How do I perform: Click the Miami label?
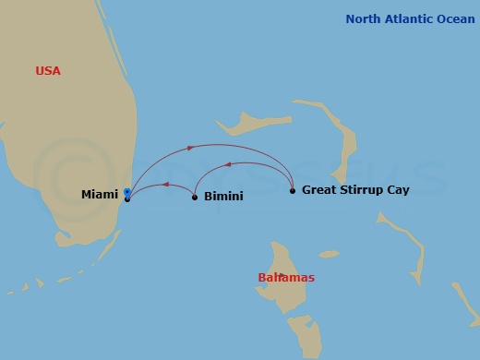(x=99, y=194)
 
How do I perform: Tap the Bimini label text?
(x=223, y=197)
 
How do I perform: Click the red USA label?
(x=48, y=71)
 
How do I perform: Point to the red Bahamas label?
(x=286, y=278)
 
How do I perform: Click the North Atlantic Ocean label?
(x=410, y=18)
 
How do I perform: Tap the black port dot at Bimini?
(x=195, y=197)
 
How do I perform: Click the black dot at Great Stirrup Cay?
(x=293, y=191)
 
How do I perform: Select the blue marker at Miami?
(x=126, y=192)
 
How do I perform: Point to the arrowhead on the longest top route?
(x=190, y=147)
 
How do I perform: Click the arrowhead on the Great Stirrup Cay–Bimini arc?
(x=230, y=164)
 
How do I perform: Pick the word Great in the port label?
(x=319, y=190)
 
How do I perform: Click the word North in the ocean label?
(x=363, y=18)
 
